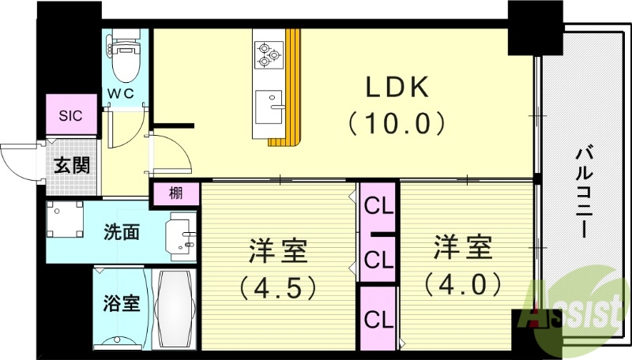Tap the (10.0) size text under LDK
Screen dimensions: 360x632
pos(397,123)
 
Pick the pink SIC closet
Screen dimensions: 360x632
pos(70,115)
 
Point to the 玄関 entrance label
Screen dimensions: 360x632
pos(70,166)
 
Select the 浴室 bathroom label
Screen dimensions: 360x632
pos(121,303)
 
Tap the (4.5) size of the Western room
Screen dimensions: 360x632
pos(278,284)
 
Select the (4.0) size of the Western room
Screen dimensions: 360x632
pos(462,282)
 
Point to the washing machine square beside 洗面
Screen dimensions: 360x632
pos(64,221)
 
